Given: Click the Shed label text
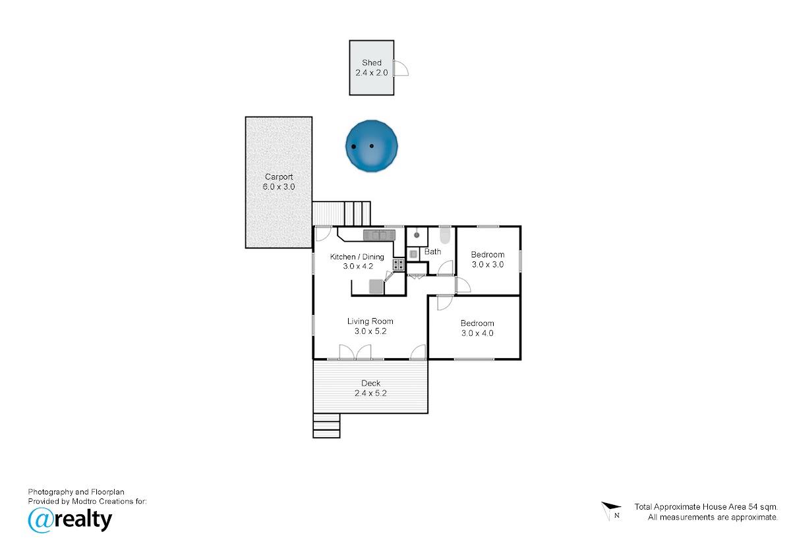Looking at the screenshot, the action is [372, 63].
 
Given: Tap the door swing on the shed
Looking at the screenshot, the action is [401, 68].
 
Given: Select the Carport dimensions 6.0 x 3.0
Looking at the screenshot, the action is [279, 186].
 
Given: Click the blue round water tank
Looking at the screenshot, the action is [372, 146].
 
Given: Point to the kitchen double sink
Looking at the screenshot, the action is [379, 235].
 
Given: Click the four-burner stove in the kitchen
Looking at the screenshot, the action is [399, 265].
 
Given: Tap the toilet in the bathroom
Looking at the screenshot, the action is [445, 235].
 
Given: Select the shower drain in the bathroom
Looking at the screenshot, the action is [417, 235].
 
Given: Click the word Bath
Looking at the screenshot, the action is [432, 252].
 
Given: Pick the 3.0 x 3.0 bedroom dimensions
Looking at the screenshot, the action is [488, 265].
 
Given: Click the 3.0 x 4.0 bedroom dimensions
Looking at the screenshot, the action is [477, 333].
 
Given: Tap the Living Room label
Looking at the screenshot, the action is [370, 321].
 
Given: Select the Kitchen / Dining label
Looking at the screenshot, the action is [357, 257].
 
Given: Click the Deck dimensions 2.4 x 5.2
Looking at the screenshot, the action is [370, 393].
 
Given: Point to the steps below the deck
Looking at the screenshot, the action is [326, 426].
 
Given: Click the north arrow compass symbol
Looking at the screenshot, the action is [611, 511].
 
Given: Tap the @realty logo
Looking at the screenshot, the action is [70, 520].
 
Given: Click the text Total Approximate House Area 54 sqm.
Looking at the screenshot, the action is [706, 507].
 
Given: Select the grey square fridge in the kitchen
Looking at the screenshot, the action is [376, 286].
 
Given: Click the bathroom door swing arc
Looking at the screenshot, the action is [446, 267].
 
